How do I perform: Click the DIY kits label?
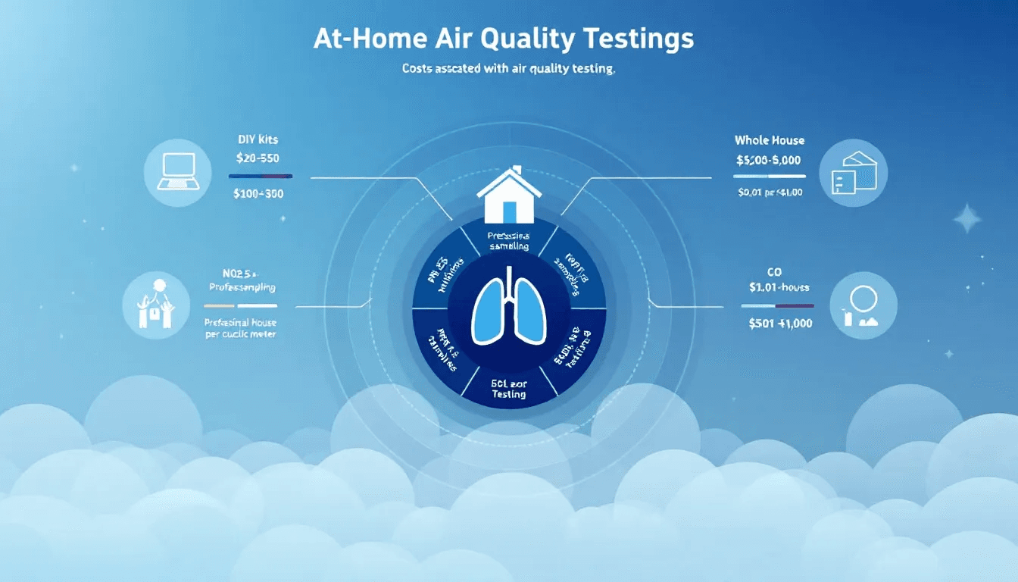click(x=257, y=140)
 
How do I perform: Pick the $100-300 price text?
click(x=260, y=193)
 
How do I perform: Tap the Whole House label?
click(x=770, y=140)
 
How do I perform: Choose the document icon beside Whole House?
click(x=853, y=173)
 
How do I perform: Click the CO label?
click(x=774, y=271)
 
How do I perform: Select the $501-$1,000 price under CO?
click(x=780, y=323)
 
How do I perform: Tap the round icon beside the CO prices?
click(x=863, y=305)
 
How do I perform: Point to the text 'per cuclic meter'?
click(x=241, y=334)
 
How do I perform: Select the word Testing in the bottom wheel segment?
click(x=508, y=394)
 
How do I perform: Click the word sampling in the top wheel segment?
click(x=509, y=246)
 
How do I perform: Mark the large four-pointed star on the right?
click(x=966, y=220)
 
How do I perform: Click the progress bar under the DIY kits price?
click(x=260, y=176)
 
